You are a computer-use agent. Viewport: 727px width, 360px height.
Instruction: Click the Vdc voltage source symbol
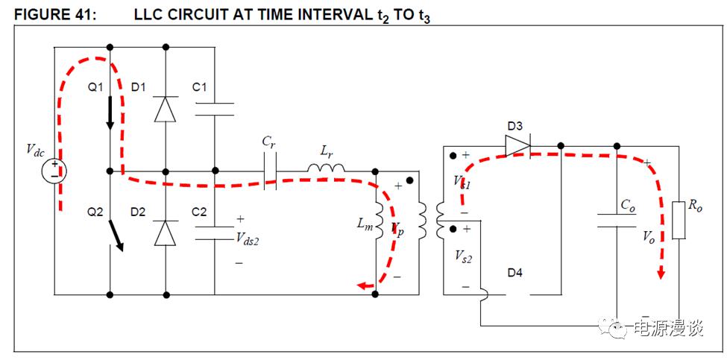click(54, 171)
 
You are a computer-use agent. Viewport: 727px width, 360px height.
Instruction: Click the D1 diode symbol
click(165, 109)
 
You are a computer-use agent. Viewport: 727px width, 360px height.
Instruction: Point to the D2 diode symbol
click(165, 233)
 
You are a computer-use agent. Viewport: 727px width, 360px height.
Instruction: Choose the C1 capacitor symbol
click(214, 110)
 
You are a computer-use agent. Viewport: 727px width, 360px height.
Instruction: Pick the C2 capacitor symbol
click(214, 233)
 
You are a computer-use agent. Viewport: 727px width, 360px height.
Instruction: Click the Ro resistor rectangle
click(678, 220)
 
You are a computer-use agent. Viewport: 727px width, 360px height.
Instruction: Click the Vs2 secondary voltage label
click(463, 256)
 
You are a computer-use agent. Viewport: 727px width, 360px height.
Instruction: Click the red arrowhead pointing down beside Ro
click(660, 274)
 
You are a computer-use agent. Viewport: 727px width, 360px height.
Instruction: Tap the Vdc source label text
click(35, 151)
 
